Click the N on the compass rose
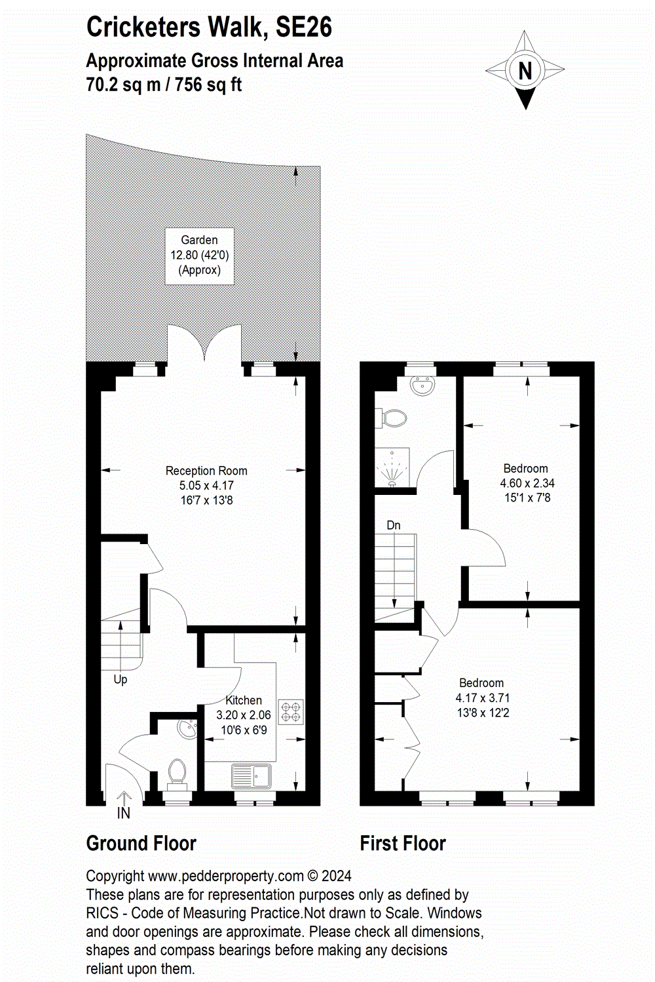coord(525,70)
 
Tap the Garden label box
coord(199,256)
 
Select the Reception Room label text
coord(206,471)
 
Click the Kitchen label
coord(244,700)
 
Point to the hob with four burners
coord(291,713)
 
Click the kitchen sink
coord(252,776)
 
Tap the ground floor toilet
coord(177,772)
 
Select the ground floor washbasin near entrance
coord(187,728)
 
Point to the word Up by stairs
coord(121,679)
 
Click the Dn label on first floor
coord(394,525)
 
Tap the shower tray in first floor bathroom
coord(392,468)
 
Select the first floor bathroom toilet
coord(392,418)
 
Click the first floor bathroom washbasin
coord(424,385)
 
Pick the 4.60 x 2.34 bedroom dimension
coord(527,483)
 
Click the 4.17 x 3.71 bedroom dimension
coord(483,698)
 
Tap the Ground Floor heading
coord(141,844)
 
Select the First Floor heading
coord(403,844)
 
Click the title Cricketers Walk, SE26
coord(209,28)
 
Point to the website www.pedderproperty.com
coord(226,876)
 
